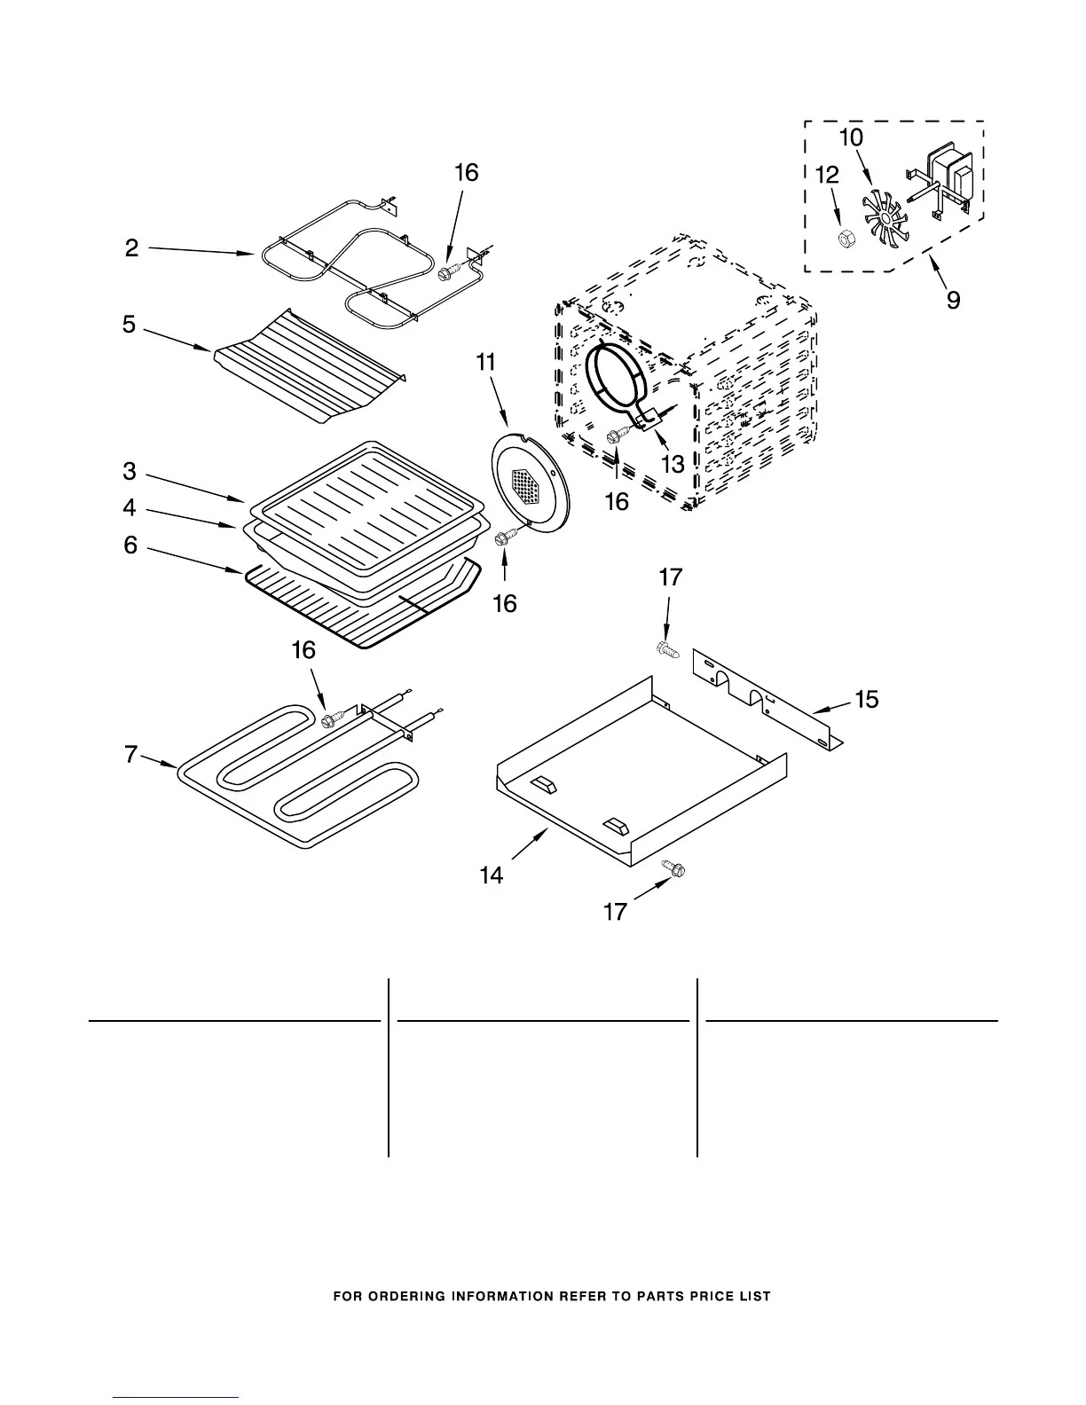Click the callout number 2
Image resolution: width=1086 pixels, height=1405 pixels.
point(131,248)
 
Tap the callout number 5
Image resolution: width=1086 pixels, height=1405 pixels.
point(130,325)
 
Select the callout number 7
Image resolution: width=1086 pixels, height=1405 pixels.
point(131,755)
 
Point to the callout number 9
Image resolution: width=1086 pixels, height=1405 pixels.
point(953,300)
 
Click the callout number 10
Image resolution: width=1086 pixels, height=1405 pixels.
point(850,137)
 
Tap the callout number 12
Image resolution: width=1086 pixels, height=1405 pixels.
point(826,175)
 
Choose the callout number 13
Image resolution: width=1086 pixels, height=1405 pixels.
point(673,463)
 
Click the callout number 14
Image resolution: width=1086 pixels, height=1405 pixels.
point(491,875)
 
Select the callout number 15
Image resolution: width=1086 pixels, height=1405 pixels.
point(866,700)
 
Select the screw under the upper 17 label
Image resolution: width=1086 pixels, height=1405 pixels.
point(666,649)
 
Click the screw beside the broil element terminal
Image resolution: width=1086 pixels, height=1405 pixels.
point(447,267)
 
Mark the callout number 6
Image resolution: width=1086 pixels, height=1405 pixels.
point(130,545)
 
